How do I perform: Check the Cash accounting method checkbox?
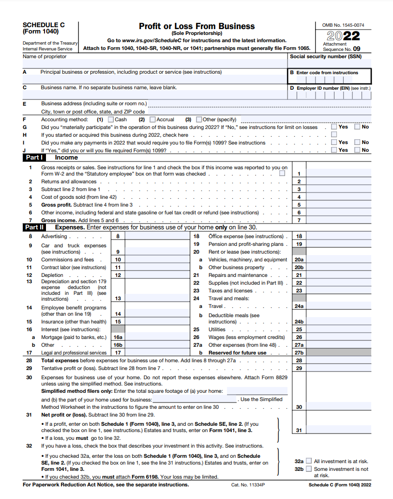pyautogui.click(x=111, y=119)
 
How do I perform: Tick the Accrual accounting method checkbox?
pyautogui.click(x=152, y=119)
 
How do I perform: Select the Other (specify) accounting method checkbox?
pyautogui.click(x=198, y=119)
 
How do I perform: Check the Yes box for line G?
pyautogui.click(x=334, y=127)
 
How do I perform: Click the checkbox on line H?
pyautogui.click(x=334, y=135)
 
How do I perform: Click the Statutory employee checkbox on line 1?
pyautogui.click(x=282, y=174)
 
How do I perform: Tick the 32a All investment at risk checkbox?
pyautogui.click(x=309, y=461)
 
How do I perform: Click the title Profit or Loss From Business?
pyautogui.click(x=196, y=26)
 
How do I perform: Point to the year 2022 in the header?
pyautogui.click(x=343, y=36)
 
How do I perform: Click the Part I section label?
pyautogui.click(x=34, y=158)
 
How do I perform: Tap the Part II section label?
pyautogui.click(x=35, y=227)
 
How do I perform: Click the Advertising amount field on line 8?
pyautogui.click(x=156, y=236)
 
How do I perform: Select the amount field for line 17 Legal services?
pyautogui.click(x=156, y=353)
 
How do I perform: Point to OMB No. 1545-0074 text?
pyautogui.click(x=343, y=25)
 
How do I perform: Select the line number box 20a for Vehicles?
pyautogui.click(x=299, y=259)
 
